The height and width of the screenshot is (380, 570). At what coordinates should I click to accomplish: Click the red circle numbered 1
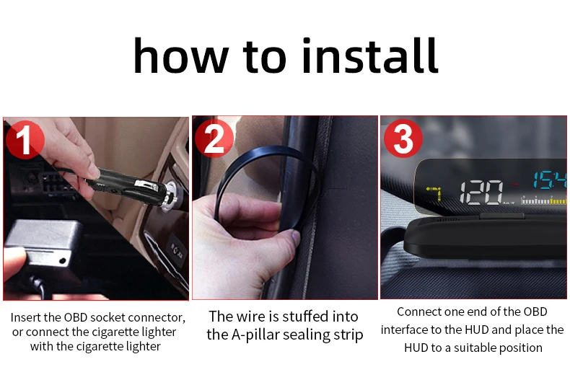point(25,140)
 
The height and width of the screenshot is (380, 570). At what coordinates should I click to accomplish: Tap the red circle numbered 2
point(214,138)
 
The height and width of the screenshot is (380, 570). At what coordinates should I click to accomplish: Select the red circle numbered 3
point(403,138)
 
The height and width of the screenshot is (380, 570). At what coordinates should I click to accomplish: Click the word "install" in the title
point(370,56)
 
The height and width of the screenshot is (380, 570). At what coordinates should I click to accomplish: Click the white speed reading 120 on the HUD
point(482,192)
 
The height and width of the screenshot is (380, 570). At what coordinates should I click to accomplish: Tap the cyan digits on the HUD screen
point(550,180)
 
